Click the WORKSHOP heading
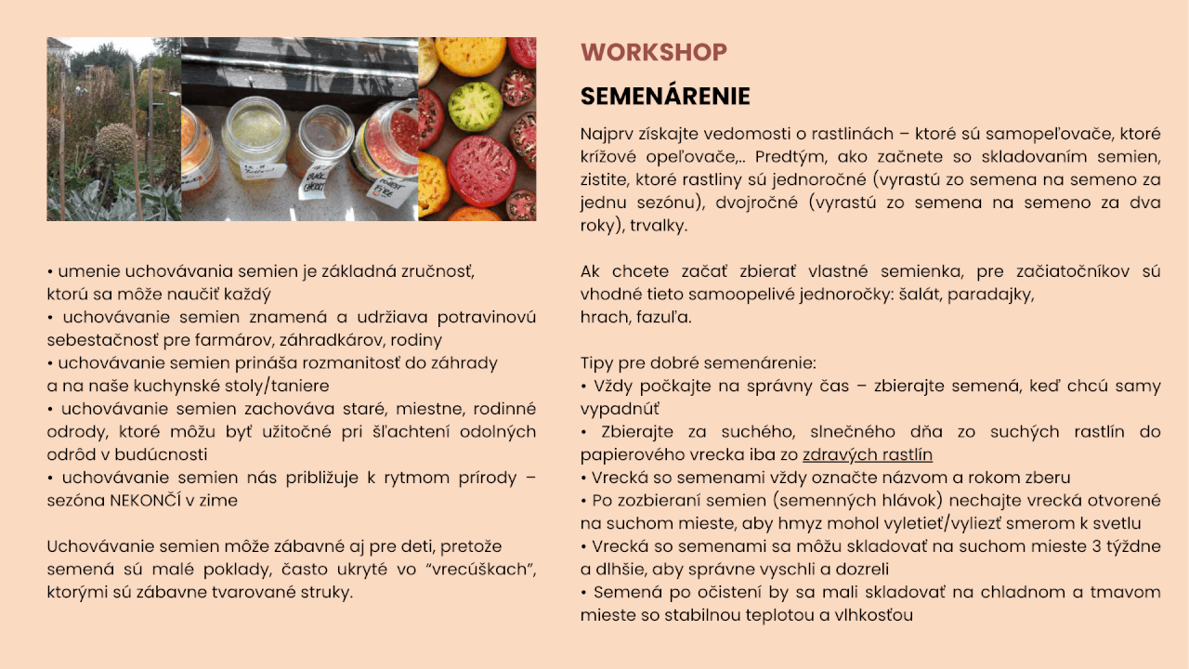[x=653, y=52]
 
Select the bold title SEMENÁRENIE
[x=665, y=96]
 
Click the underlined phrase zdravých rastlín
[x=868, y=455]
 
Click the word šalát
[x=921, y=295]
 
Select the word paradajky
[x=990, y=295]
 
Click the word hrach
[x=606, y=318]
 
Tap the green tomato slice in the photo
[x=475, y=106]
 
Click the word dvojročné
[x=756, y=203]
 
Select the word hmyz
[x=800, y=523]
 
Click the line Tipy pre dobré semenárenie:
[x=698, y=363]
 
